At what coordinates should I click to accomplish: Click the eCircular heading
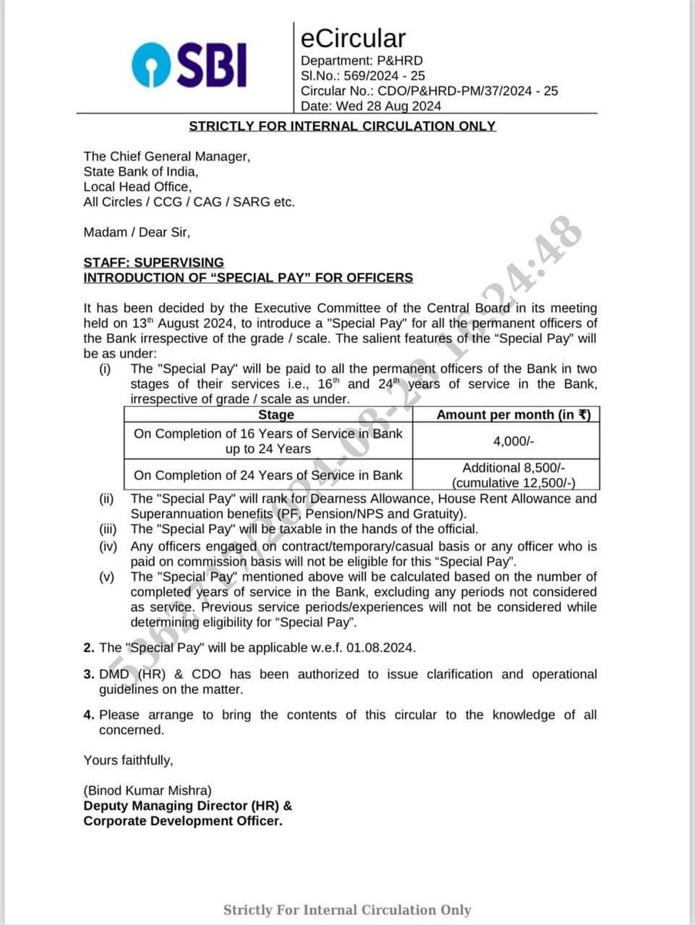[x=353, y=38]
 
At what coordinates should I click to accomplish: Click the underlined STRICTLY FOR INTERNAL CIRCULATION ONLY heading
[x=342, y=126]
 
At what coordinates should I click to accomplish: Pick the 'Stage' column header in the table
[x=276, y=415]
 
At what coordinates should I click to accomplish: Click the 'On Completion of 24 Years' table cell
[x=268, y=475]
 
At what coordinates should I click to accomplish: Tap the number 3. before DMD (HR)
[x=89, y=674]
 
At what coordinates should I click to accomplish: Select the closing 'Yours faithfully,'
[x=129, y=760]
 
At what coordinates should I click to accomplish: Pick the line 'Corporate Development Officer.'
[x=183, y=821]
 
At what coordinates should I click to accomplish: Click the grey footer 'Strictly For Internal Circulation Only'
[x=347, y=910]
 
